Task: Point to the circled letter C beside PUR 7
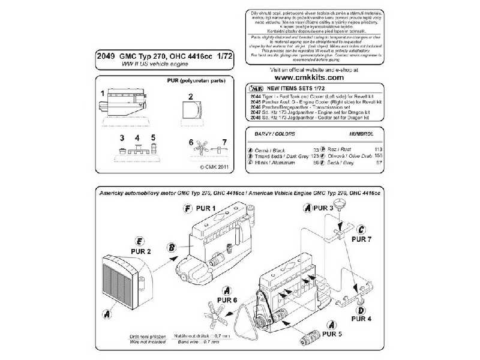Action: pos(361,229)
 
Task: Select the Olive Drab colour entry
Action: pos(338,155)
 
